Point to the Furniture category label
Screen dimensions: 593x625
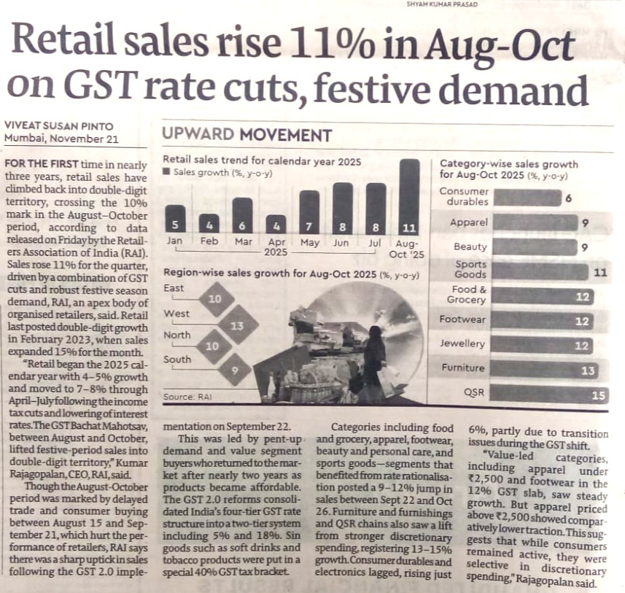point(462,368)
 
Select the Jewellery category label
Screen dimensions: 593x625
point(462,344)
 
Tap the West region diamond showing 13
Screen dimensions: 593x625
point(236,326)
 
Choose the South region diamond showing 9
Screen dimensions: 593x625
point(236,370)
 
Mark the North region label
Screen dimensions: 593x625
point(177,336)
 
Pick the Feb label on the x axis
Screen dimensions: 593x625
point(209,241)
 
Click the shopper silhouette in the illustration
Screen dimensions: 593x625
point(374,357)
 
